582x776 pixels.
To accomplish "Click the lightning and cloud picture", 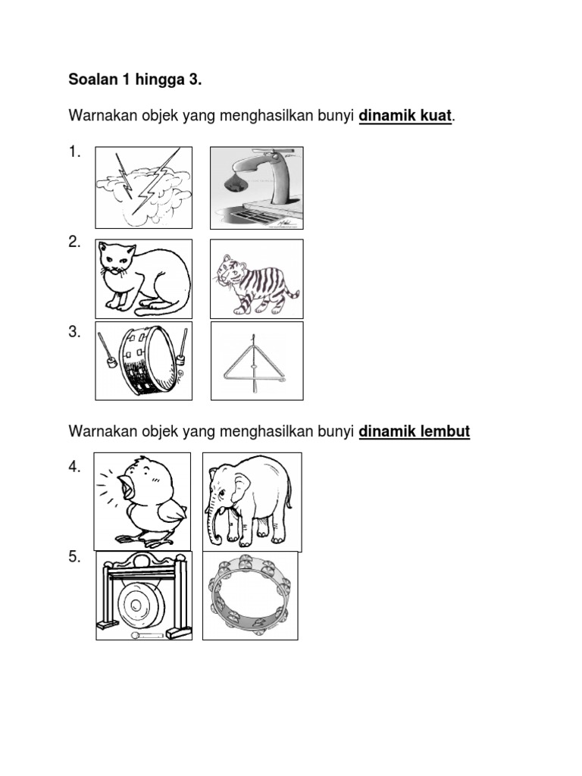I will coord(143,187).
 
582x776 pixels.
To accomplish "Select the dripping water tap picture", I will coord(256,187).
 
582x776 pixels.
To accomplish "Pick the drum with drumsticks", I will coord(143,360).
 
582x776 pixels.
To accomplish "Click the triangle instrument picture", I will coord(256,361).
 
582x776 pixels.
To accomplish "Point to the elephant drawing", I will coord(252,500).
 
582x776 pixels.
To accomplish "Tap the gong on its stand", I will coord(143,596).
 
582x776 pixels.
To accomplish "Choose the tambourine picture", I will coord(250,596).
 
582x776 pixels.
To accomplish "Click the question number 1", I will coord(74,152).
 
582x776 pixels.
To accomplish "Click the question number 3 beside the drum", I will coord(74,332).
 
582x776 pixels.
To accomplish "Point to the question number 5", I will coord(74,557).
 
